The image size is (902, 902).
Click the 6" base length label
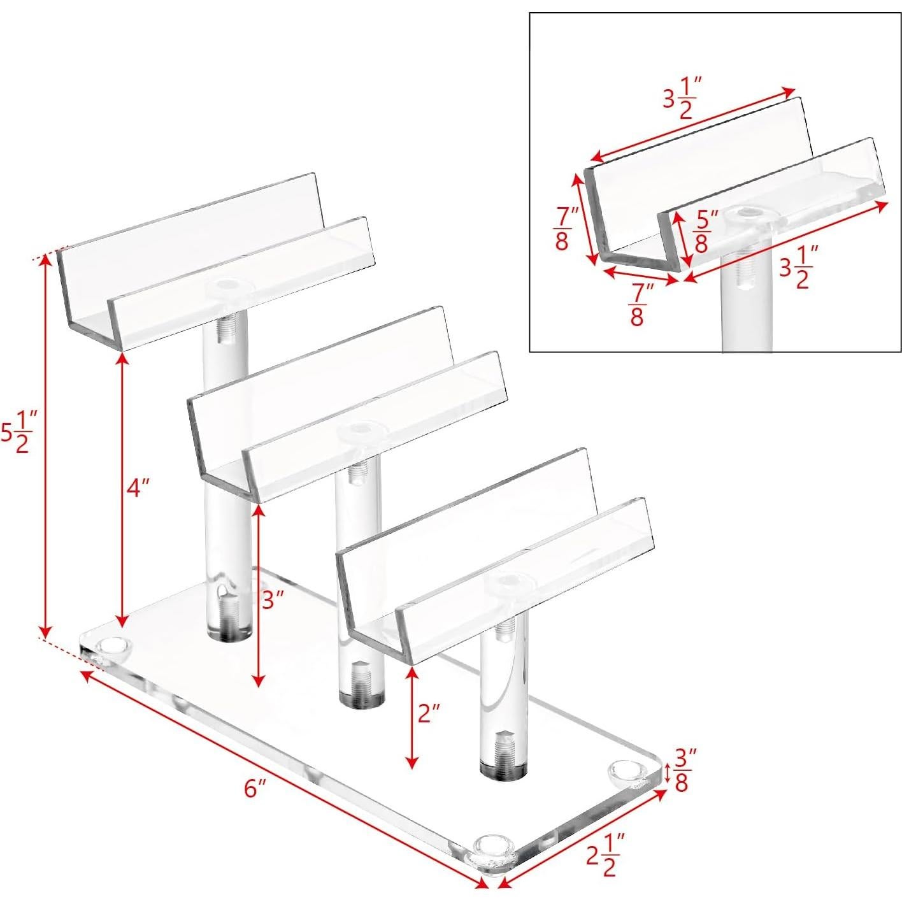pos(255,789)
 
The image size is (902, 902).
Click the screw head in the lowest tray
pos(508,583)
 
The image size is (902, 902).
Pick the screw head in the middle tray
pos(361,431)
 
